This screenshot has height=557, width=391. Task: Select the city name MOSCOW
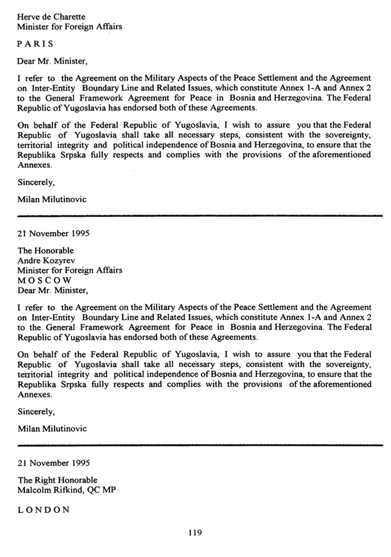click(x=44, y=280)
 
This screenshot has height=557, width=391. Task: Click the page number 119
click(x=195, y=533)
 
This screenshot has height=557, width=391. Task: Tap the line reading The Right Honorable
click(x=57, y=480)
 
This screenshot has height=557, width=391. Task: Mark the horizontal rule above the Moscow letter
click(x=200, y=214)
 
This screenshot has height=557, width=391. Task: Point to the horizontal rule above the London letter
click(x=200, y=444)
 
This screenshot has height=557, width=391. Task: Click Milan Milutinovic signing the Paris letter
click(x=52, y=199)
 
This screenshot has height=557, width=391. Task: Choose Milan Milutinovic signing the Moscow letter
click(x=52, y=428)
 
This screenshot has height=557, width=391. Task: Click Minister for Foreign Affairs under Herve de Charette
click(x=70, y=26)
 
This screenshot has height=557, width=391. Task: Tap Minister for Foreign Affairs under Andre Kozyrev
click(x=70, y=270)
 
